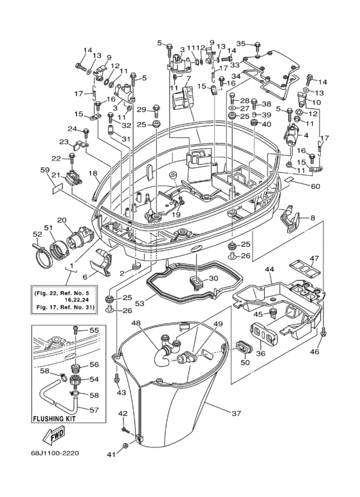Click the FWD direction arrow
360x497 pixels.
53,436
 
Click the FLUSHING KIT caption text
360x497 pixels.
54,419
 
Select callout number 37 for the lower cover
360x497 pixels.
236,413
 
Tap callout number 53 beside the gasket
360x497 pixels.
139,303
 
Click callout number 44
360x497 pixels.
270,269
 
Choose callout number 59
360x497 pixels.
45,170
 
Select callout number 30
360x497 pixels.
214,278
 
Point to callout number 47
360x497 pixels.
315,258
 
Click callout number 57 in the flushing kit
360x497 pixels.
94,410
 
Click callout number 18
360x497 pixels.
93,173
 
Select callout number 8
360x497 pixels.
313,218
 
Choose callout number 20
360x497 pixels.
62,220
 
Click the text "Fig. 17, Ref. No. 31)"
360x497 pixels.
63,307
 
